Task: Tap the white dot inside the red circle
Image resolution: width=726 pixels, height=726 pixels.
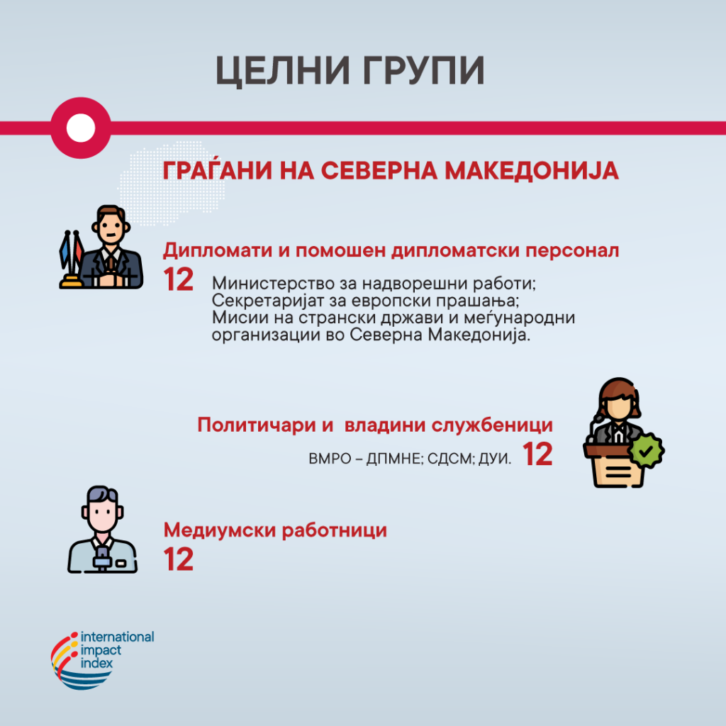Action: (81, 128)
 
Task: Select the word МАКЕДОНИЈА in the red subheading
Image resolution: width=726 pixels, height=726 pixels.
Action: (532, 170)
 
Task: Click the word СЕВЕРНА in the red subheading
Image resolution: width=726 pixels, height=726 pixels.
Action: (379, 170)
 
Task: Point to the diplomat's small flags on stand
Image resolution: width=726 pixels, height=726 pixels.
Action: (72, 259)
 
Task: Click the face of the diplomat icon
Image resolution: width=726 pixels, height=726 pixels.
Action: (111, 230)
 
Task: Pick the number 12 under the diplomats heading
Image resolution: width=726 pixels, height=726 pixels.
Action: (178, 279)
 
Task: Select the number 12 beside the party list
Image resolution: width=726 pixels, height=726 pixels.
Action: (537, 454)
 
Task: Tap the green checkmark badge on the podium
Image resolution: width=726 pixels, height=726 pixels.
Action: (647, 450)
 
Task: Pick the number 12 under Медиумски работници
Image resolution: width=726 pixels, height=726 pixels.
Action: (178, 559)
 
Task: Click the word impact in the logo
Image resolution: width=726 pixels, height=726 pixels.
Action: (101, 651)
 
